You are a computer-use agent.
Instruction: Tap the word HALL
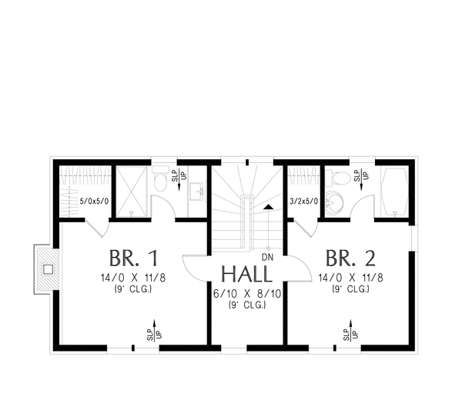pos(246,275)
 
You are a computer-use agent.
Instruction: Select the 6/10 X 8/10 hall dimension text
pos(246,292)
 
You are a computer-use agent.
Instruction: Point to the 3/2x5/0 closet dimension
pos(303,202)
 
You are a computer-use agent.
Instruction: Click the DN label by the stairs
pos(267,256)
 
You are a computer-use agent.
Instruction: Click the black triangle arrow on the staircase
pos(267,206)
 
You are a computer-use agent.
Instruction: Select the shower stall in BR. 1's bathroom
pos(132,191)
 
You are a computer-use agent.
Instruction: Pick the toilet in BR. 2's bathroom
pos(340,178)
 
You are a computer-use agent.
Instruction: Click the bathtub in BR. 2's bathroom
pos(393,191)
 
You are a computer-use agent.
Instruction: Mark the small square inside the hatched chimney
pos(48,269)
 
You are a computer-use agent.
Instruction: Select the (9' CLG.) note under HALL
pos(246,305)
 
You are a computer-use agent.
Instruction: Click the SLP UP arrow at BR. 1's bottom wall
pos(153,331)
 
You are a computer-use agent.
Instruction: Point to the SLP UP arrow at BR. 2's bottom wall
pos(349,331)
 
